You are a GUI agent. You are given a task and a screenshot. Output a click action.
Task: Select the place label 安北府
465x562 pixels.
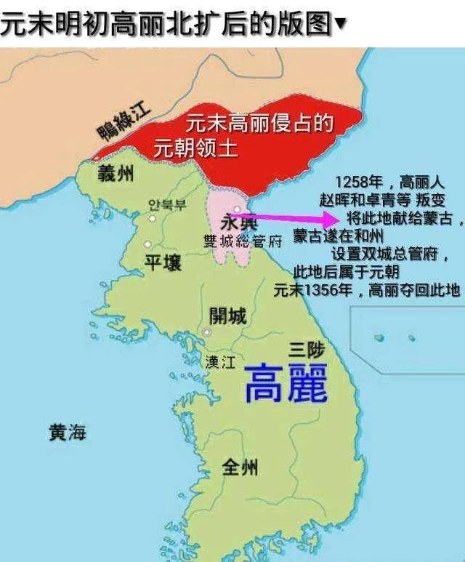pos(166,204)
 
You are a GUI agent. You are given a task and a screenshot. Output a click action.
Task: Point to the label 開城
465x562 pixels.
pos(227,316)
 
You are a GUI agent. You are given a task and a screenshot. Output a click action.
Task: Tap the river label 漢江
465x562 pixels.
pos(219,361)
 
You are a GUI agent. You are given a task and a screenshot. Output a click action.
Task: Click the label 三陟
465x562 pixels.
pos(304,349)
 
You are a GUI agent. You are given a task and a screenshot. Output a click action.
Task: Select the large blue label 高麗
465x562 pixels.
pos(285,382)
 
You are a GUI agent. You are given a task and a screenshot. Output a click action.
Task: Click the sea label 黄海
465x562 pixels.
pos(67,433)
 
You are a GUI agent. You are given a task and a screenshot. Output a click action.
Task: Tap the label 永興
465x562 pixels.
pos(235,224)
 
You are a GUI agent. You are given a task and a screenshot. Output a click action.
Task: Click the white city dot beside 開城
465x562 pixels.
pos(207,332)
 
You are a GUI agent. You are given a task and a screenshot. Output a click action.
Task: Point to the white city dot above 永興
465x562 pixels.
pos(237,209)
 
